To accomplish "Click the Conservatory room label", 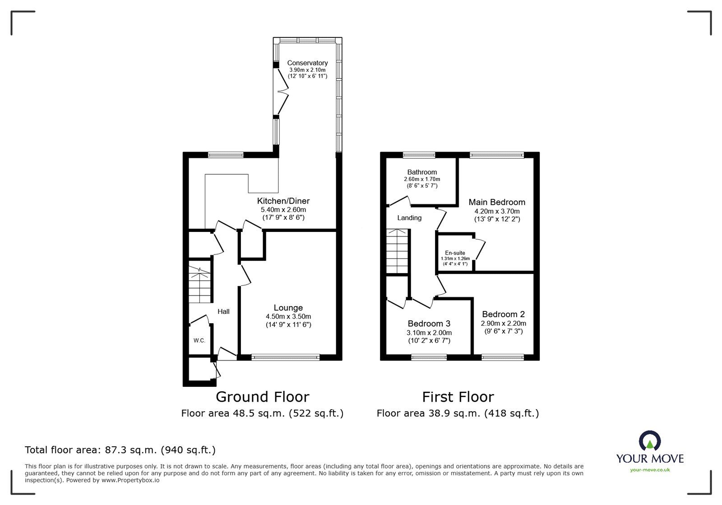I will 307,63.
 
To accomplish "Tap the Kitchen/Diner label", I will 283,201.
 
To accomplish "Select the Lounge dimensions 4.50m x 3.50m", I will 288,316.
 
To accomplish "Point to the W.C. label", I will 199,341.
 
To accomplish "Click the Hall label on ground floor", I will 223,311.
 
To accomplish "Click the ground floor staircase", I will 199,285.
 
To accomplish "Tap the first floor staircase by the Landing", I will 397,251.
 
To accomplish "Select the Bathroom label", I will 422,172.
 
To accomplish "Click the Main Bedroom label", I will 497,202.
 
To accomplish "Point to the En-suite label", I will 455,253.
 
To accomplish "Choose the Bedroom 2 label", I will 503,314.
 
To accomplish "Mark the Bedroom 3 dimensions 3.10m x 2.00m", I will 429,333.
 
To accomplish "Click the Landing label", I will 409,218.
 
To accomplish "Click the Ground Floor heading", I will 262,397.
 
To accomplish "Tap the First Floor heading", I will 458,397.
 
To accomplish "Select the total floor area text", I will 120,450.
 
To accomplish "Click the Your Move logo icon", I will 650,441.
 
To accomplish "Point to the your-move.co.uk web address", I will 650,470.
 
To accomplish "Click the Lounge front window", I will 285,357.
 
